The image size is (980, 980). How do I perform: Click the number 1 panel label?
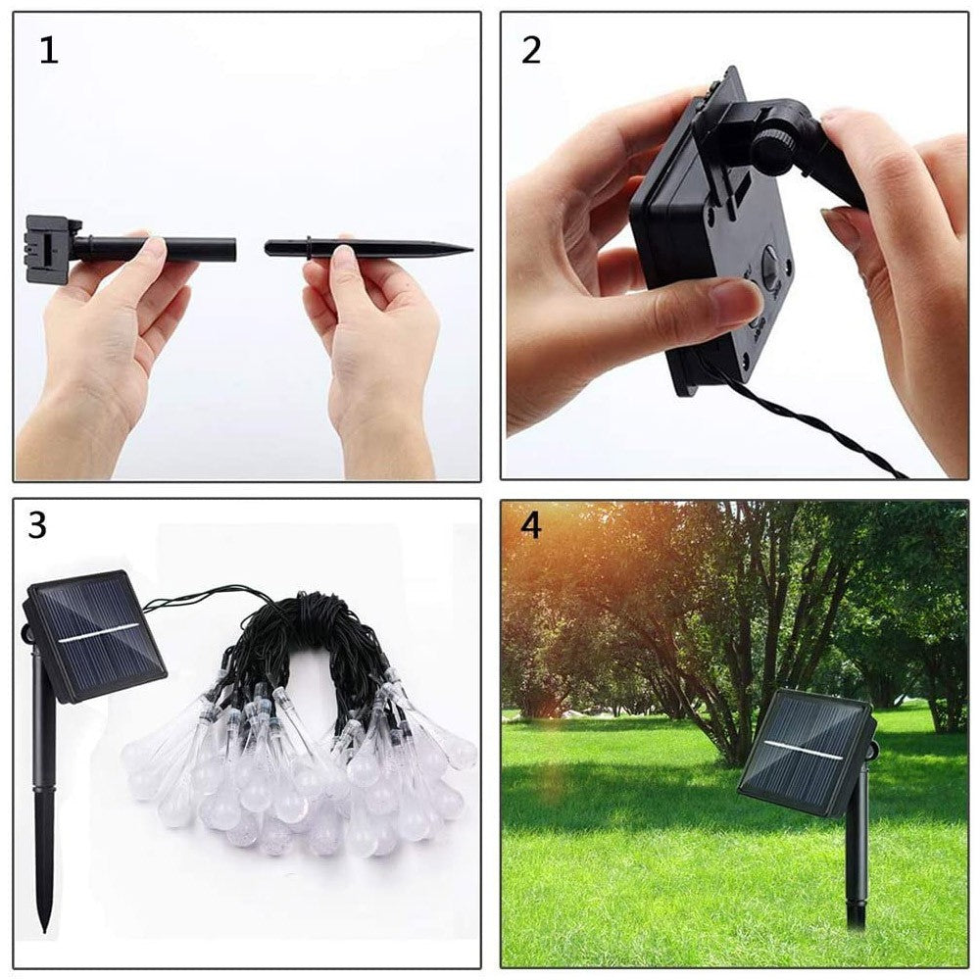pos(48,50)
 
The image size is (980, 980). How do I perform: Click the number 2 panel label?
pos(530,50)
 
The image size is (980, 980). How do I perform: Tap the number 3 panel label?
pos(37,526)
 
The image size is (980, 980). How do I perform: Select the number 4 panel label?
pos(530,526)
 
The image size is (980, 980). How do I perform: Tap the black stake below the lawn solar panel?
pos(857,862)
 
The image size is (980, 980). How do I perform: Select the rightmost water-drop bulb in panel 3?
pos(459,753)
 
